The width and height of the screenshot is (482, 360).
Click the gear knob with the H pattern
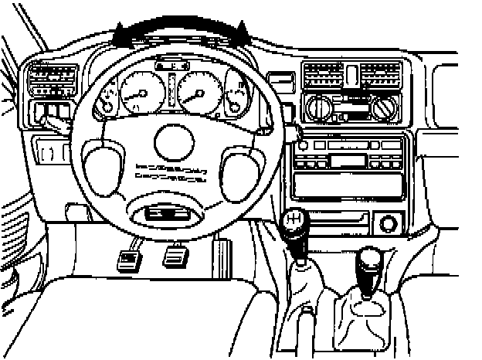pyautogui.click(x=294, y=223)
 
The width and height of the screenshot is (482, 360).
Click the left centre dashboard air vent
pyautogui.click(x=323, y=76)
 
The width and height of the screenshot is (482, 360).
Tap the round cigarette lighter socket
pyautogui.click(x=388, y=225)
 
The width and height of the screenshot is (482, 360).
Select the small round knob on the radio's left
pyautogui.click(x=303, y=144)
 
